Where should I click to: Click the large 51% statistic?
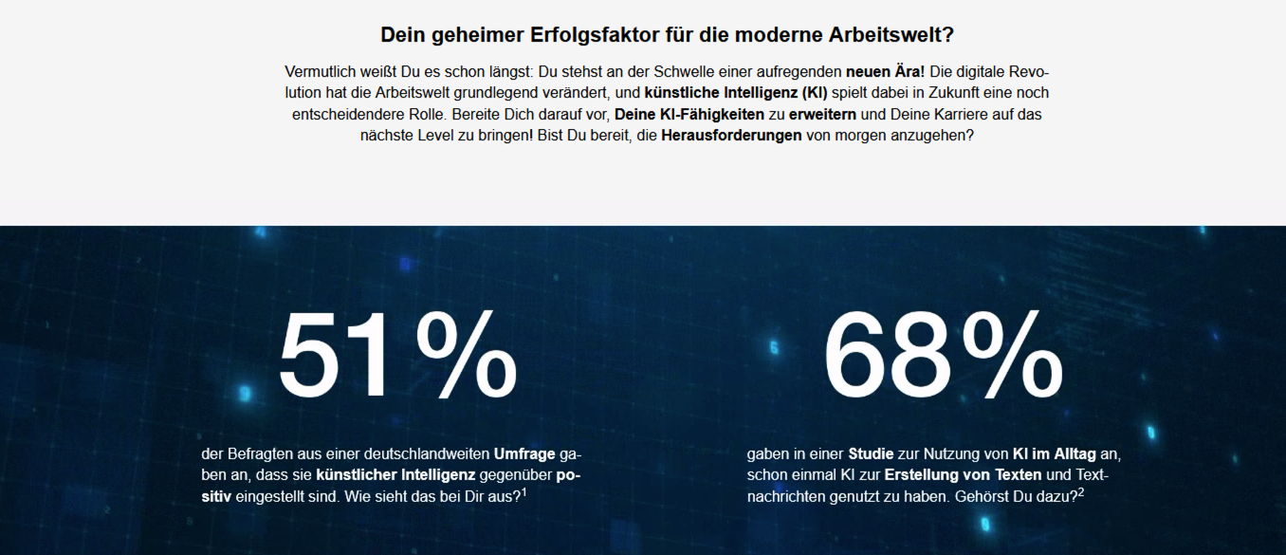[398, 355]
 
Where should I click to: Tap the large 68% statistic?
[944, 355]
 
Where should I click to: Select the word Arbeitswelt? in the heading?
[891, 35]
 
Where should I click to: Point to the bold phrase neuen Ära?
[885, 72]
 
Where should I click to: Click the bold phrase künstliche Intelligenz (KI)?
[736, 93]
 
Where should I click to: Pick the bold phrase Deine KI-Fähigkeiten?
[689, 115]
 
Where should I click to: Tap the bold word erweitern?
[822, 115]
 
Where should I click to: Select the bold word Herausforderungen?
[731, 136]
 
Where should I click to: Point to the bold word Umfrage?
[524, 453]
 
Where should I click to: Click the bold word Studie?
[871, 453]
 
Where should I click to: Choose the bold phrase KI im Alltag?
[1054, 453]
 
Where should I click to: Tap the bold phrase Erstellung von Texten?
[963, 475]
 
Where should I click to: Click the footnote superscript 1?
[524, 491]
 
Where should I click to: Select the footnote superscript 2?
[1081, 491]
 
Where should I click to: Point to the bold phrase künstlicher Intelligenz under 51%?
[395, 475]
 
